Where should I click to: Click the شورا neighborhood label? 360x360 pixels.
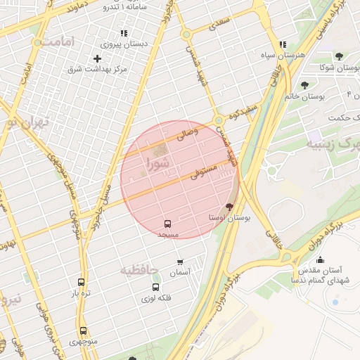155,164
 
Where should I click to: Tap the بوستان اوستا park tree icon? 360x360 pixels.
229,206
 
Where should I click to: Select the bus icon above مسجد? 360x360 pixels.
167,223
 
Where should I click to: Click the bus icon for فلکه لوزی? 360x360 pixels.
155,287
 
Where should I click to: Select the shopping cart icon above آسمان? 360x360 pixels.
181,262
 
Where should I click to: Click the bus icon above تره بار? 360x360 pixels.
82,282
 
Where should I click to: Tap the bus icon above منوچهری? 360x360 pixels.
83,330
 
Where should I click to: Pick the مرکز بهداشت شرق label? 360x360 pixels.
97,69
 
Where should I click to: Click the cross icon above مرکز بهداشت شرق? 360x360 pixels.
97,58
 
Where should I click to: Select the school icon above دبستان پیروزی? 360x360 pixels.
124,33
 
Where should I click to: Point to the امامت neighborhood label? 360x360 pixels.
57,43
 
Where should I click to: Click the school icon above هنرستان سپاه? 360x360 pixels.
282,44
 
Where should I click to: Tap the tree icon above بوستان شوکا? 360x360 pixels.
339,56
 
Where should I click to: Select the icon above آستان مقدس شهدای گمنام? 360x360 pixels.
321,259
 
